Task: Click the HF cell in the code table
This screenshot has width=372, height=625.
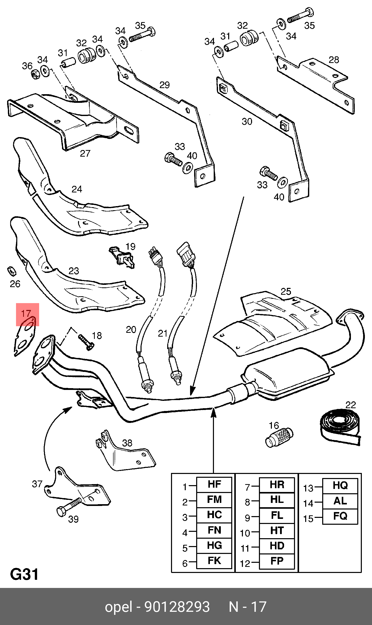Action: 214,484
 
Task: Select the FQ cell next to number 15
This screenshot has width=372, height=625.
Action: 340,516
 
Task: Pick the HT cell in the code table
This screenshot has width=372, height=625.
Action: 277,530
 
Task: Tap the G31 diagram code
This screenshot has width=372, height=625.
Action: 24,574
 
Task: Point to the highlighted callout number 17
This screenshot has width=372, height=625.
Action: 26,314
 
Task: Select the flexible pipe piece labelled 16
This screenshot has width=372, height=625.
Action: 279,437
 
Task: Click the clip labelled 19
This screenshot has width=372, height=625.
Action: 122,257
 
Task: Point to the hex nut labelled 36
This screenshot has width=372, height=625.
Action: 35,74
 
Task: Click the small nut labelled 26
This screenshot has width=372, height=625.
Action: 11,271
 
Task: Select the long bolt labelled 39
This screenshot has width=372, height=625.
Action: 69,506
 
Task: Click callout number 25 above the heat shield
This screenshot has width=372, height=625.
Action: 286,291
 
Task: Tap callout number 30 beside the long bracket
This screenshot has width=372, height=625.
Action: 247,121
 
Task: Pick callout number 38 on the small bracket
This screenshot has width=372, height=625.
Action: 127,443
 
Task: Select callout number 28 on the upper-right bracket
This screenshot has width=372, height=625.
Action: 334,60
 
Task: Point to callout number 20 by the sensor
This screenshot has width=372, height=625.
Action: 131,330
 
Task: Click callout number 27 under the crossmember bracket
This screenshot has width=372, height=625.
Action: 85,153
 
